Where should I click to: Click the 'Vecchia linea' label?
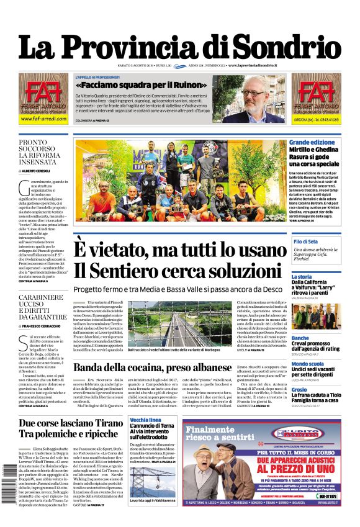(146, 420)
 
